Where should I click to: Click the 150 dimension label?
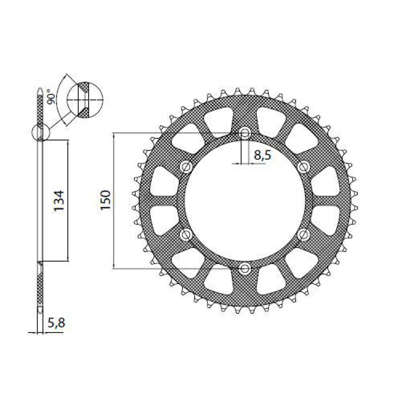coord(106,200)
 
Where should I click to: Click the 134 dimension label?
coord(59,201)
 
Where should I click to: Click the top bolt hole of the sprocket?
coord(245,133)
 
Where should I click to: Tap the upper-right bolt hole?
coord(303,166)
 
